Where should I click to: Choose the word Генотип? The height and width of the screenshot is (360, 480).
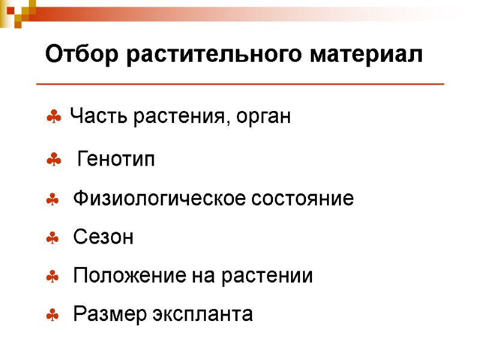coord(116,160)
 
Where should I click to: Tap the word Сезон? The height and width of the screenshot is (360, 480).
coord(103,238)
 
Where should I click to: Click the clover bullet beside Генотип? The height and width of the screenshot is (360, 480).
coord(53,160)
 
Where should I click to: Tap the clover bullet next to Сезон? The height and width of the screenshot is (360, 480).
coord(53,239)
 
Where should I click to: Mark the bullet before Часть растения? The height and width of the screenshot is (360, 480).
coord(53,118)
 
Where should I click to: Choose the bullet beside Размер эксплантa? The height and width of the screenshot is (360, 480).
coord(53,315)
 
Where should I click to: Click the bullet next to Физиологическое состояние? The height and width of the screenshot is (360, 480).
coord(53,200)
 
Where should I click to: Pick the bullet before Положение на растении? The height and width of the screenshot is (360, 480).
coord(53,277)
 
